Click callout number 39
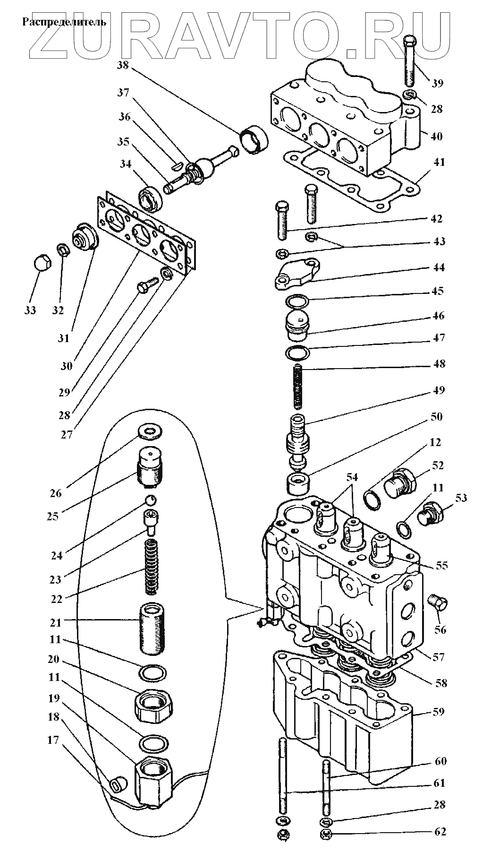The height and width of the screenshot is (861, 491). coord(437,83)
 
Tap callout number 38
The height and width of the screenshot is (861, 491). coord(123,65)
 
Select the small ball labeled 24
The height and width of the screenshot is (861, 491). coord(150,500)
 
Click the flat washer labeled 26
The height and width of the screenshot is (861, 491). coord(150,431)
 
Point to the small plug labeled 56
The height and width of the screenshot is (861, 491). coord(439,603)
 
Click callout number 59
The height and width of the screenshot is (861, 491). coord(439,711)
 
